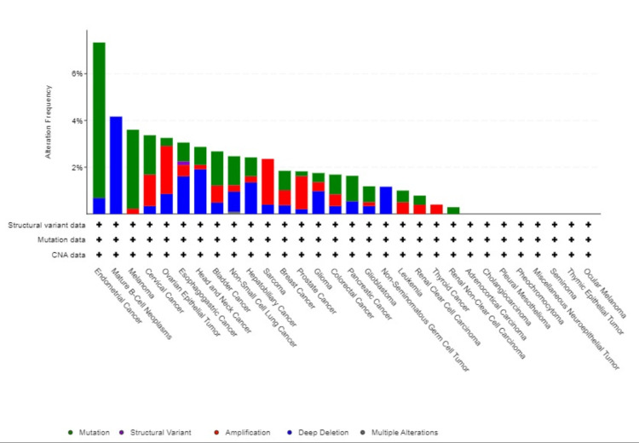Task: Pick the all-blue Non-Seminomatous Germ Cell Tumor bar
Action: [x=384, y=199]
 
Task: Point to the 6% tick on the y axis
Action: [x=76, y=74]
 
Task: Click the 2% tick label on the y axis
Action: [x=76, y=167]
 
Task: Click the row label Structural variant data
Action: [x=46, y=225]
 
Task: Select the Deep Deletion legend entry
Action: [x=344, y=433]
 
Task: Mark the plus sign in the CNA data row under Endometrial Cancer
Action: [x=99, y=254]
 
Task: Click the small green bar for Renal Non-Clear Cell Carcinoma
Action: [x=453, y=210]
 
